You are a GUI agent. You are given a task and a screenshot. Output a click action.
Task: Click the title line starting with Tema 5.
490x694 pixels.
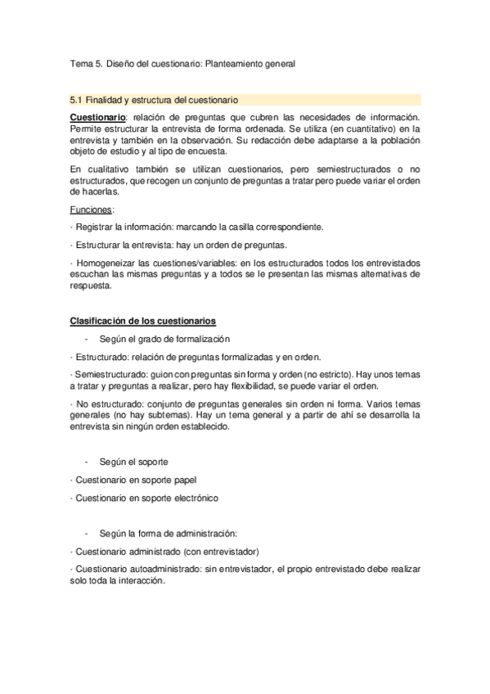pyautogui.click(x=182, y=62)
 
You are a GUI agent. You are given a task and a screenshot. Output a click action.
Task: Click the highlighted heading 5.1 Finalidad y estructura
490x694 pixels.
pyautogui.click(x=155, y=100)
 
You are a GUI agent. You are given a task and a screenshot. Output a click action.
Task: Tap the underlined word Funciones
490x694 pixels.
pyautogui.click(x=92, y=210)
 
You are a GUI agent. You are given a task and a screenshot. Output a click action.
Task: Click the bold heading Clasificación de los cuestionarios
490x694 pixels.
pyautogui.click(x=143, y=321)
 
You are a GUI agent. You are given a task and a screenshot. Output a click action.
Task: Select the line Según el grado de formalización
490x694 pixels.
pyautogui.click(x=164, y=339)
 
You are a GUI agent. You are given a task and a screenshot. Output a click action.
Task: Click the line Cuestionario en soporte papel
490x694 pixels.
pyautogui.click(x=135, y=480)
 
